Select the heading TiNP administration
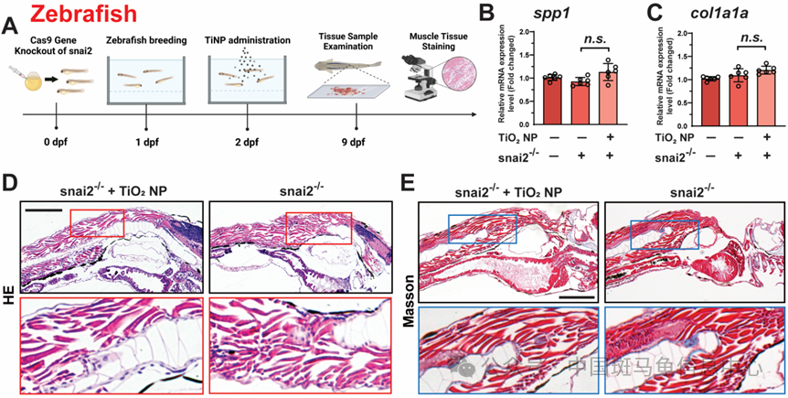[x=245, y=40]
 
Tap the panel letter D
[x=10, y=182]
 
